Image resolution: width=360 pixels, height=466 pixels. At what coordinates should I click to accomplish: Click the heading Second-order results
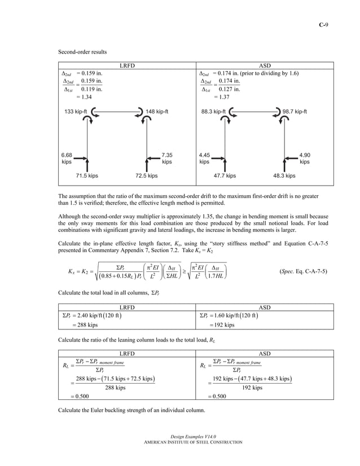pos(82,52)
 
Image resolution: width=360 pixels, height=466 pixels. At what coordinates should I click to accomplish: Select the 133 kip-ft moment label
pos(76,112)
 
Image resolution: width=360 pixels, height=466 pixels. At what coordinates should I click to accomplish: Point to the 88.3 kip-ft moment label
pos(213,112)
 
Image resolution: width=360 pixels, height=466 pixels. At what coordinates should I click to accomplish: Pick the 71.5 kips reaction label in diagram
pos(87,176)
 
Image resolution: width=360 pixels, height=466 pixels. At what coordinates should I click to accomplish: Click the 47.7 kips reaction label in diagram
pos(225,176)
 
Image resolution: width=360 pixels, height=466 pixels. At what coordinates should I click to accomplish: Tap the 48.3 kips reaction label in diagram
pos(284,176)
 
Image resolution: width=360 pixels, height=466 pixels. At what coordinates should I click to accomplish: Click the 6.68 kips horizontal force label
pos(67,157)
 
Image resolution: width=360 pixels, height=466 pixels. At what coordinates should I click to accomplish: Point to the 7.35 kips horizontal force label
pos(166,157)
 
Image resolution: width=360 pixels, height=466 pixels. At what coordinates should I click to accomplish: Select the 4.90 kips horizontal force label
pos(304,157)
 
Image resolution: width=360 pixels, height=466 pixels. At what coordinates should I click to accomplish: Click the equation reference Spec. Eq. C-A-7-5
pos(302,271)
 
